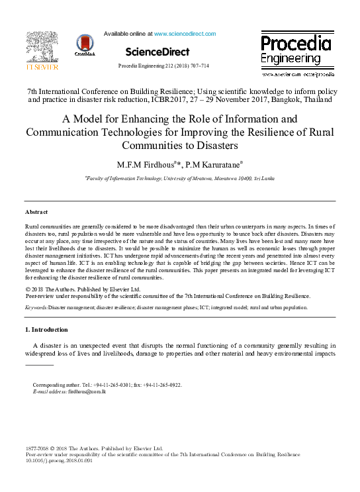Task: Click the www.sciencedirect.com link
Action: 185,34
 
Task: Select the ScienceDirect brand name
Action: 157,52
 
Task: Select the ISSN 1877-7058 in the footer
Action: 37,448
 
